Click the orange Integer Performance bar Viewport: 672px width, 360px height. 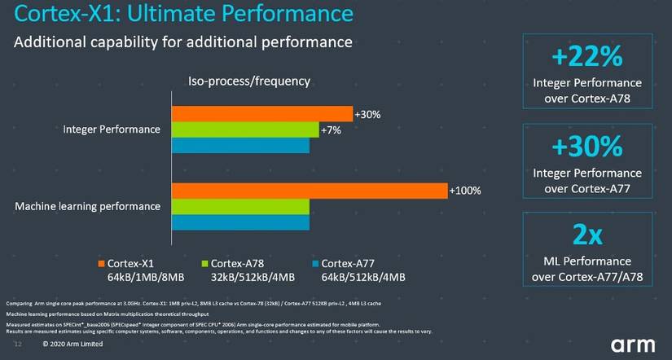pyautogui.click(x=261, y=114)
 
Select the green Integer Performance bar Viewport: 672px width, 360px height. pyautogui.click(x=244, y=130)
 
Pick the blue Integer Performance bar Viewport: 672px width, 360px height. pyautogui.click(x=239, y=145)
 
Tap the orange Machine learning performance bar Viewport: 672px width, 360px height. pyautogui.click(x=309, y=191)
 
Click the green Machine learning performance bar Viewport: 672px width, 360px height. pyautogui.click(x=239, y=206)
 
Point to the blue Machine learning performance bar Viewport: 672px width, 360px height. pyautogui.click(x=239, y=222)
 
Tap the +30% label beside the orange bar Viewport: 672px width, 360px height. pyautogui.click(x=367, y=114)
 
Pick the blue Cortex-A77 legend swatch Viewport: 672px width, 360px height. pyautogui.click(x=313, y=263)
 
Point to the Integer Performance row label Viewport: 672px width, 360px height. pyautogui.click(x=112, y=130)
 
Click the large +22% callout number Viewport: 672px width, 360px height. pyautogui.click(x=586, y=58)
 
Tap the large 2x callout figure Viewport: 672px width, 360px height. pyautogui.click(x=586, y=235)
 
